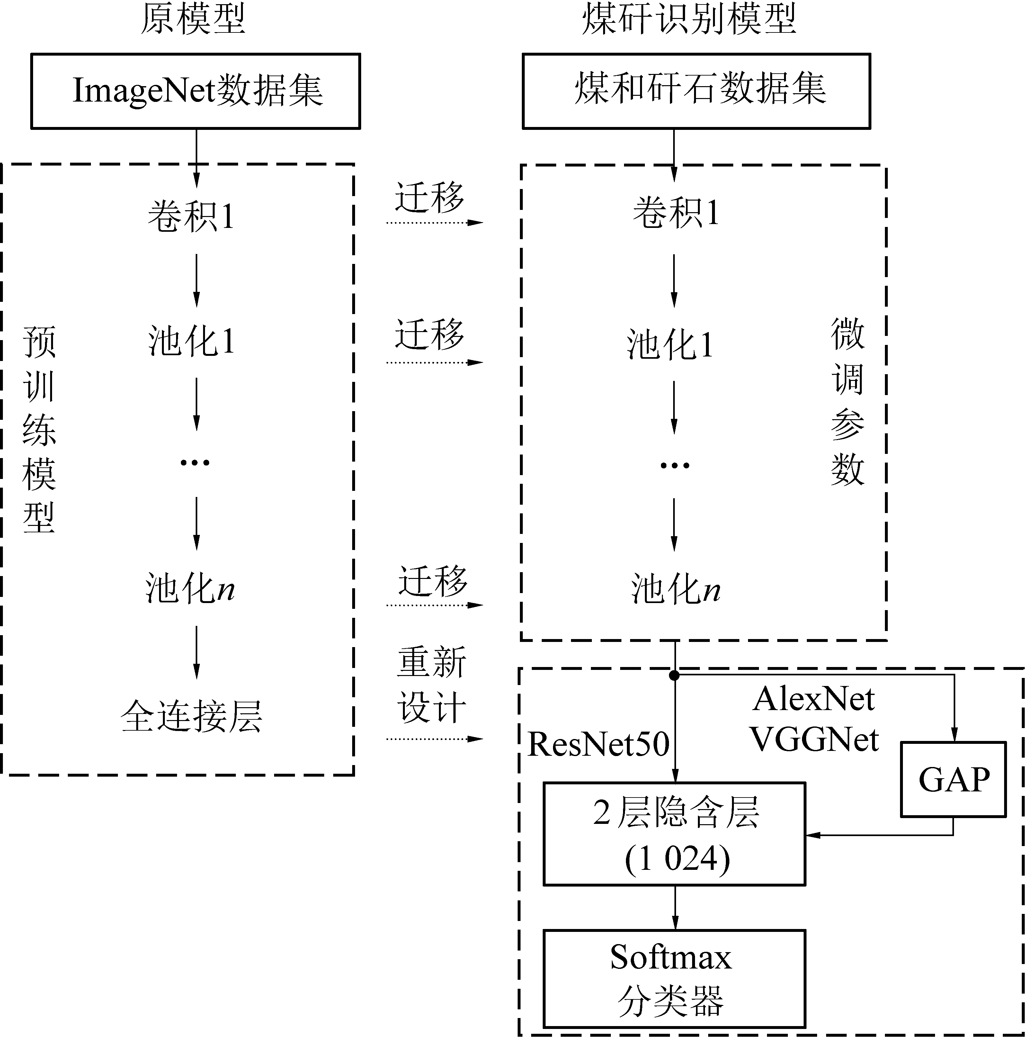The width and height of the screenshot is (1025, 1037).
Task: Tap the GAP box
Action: [x=953, y=780]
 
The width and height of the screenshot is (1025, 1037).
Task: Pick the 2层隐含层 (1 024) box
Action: [x=674, y=834]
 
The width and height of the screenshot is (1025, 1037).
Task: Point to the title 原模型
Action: [x=193, y=19]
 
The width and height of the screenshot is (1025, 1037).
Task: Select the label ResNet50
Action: [x=598, y=744]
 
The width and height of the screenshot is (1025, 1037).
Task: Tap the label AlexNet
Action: [x=814, y=699]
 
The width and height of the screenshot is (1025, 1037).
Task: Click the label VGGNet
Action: [x=814, y=740]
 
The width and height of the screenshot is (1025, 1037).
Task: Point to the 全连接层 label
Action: [x=192, y=716]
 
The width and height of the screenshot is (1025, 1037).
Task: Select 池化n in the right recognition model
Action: [x=675, y=589]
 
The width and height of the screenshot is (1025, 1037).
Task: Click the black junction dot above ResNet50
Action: [x=674, y=675]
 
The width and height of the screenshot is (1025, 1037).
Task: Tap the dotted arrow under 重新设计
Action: [x=435, y=739]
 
